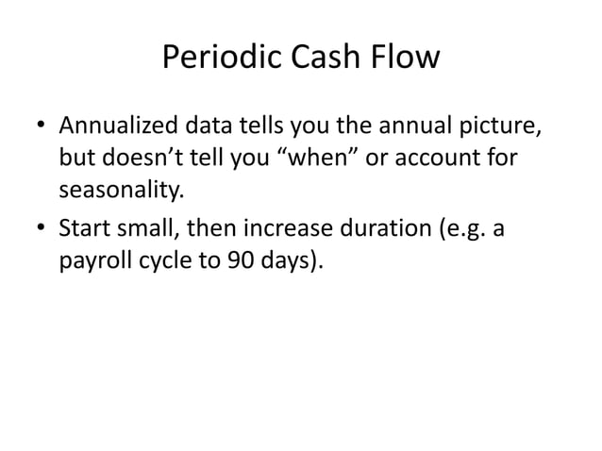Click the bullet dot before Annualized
pyautogui.click(x=42, y=126)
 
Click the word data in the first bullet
pyautogui.click(x=213, y=125)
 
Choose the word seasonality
pyautogui.click(x=118, y=192)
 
